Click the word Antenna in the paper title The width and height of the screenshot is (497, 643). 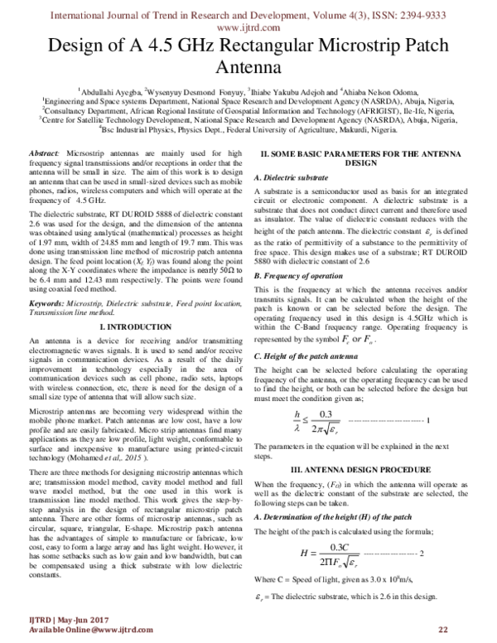point(248,67)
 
